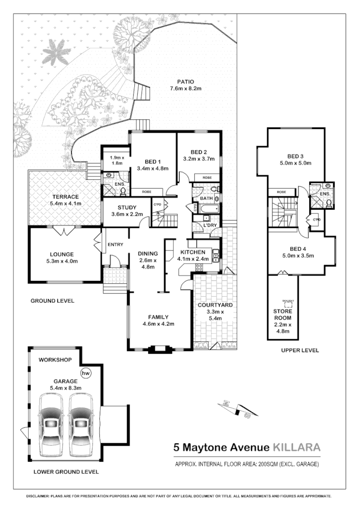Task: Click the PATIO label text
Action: [x=185, y=82]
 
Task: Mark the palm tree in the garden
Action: [x=56, y=53]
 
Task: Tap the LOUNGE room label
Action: [x=62, y=253]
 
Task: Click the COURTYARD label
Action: [x=215, y=305]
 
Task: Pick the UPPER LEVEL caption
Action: [x=300, y=350]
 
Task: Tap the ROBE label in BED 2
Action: [x=207, y=177]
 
